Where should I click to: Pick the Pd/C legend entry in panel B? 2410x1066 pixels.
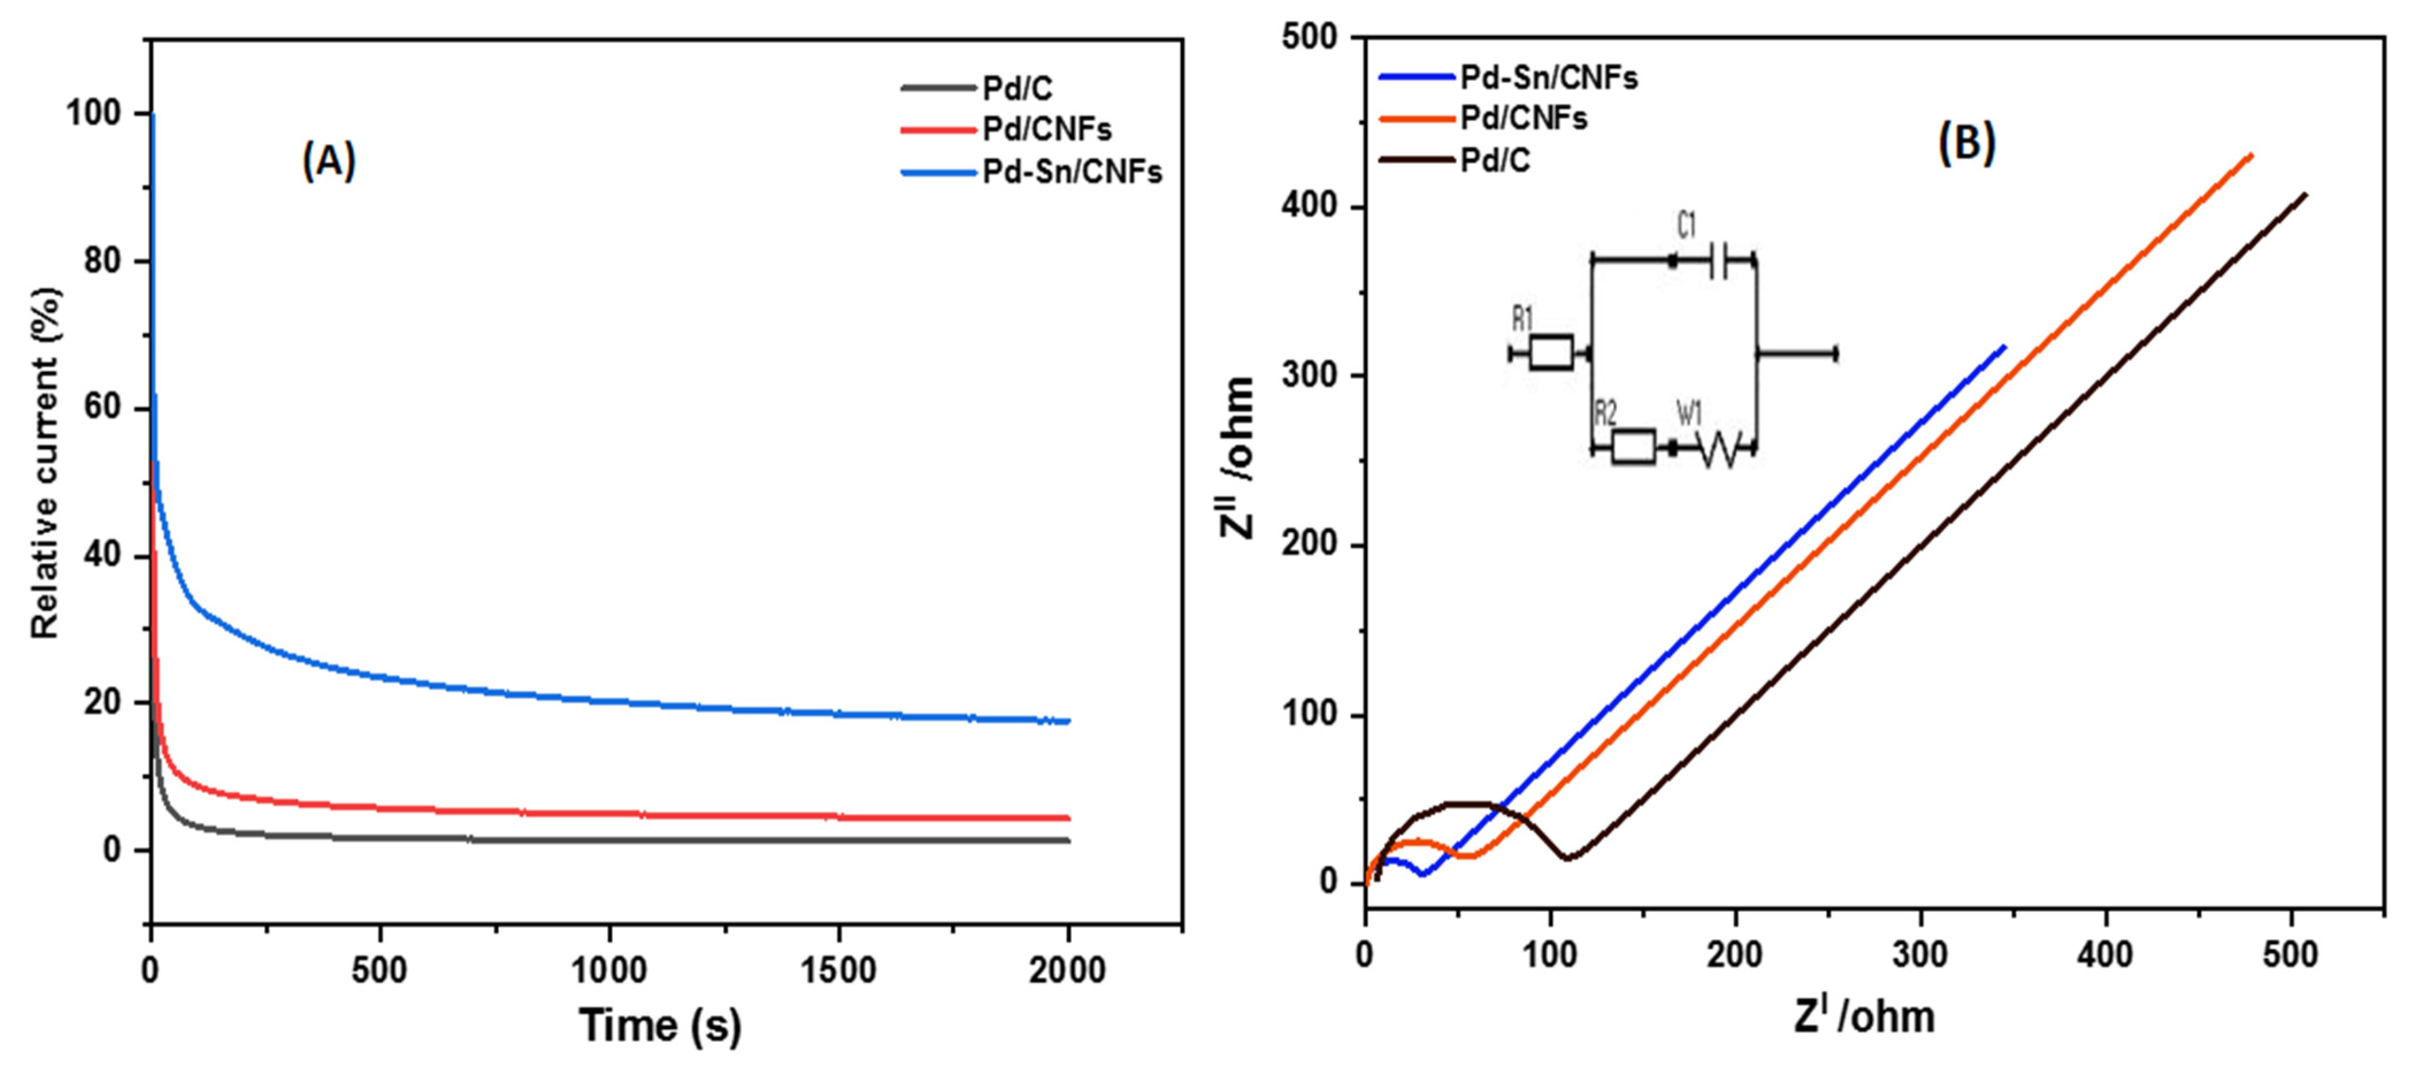(x=1495, y=161)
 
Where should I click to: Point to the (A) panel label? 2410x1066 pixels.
(x=328, y=162)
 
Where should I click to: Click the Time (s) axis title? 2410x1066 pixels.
(x=661, y=1025)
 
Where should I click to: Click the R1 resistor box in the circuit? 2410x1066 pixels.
(x=1551, y=353)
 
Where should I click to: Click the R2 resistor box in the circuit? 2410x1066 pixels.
(x=1633, y=448)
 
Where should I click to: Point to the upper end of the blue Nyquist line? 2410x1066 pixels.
(x=2004, y=346)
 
